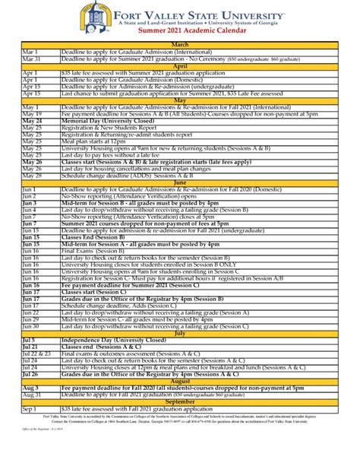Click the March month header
pyautogui.click(x=180, y=46)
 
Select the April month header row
pyautogui.click(x=180, y=66)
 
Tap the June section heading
pyautogui.click(x=180, y=183)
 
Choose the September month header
pyautogui.click(x=180, y=401)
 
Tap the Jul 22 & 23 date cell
pyautogui.click(x=37, y=354)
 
